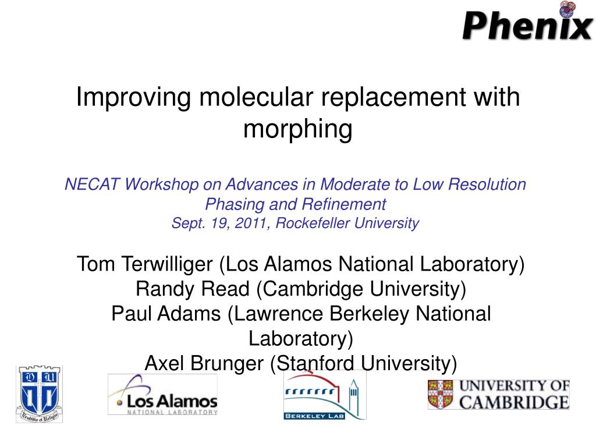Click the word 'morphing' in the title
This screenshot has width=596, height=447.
pyautogui.click(x=297, y=129)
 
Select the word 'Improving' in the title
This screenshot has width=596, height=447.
pyautogui.click(x=133, y=98)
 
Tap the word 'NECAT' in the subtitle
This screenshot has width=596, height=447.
pyautogui.click(x=93, y=185)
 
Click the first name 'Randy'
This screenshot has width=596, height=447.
pyautogui.click(x=164, y=289)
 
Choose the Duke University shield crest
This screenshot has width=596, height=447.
pyautogui.click(x=39, y=394)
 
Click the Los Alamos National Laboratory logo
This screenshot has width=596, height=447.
pyautogui.click(x=163, y=394)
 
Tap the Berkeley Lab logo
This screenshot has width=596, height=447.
pyautogui.click(x=325, y=395)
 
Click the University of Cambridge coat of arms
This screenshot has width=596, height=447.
pyautogui.click(x=441, y=395)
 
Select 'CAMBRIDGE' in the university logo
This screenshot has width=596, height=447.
pyautogui.click(x=514, y=403)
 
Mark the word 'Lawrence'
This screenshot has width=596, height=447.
pyautogui.click(x=279, y=314)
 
